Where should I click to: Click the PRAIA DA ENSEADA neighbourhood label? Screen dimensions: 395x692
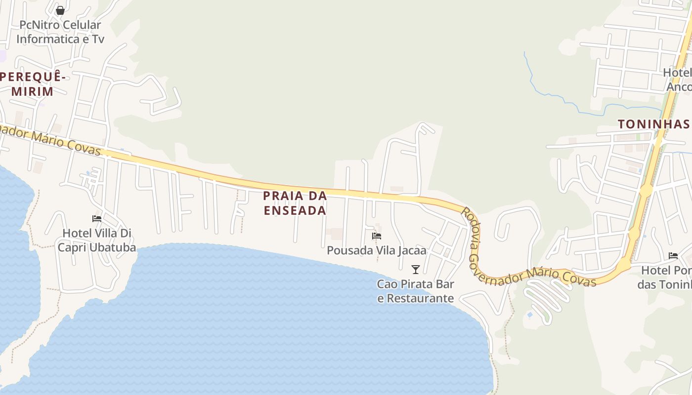point(295,203)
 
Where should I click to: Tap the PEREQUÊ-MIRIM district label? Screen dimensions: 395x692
point(33,84)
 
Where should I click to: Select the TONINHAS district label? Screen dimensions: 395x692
point(653,124)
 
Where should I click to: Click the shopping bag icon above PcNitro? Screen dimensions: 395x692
point(60,10)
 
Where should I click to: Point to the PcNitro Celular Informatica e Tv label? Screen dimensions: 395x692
point(60,32)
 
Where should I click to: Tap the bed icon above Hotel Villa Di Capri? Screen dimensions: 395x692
point(97,218)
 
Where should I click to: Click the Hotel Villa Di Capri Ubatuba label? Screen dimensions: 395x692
point(97,240)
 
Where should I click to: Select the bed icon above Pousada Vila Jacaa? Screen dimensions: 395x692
point(377,236)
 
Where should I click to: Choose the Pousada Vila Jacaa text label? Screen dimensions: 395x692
point(377,251)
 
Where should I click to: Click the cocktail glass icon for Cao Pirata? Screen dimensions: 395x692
point(416,270)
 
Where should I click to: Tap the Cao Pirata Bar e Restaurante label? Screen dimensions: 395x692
point(416,291)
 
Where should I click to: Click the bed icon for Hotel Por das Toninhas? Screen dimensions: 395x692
point(673,256)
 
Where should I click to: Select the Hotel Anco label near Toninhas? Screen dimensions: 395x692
point(678,79)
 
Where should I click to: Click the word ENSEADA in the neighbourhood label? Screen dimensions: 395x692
point(295,210)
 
